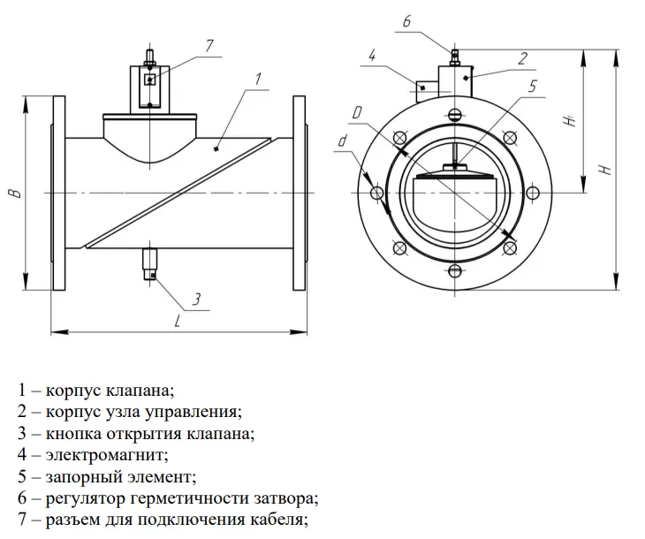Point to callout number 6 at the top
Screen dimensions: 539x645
[x=407, y=20]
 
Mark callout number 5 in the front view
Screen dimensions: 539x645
[x=533, y=87]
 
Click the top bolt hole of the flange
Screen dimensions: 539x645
[x=454, y=114]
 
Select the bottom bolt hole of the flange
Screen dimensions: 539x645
[x=454, y=270]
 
